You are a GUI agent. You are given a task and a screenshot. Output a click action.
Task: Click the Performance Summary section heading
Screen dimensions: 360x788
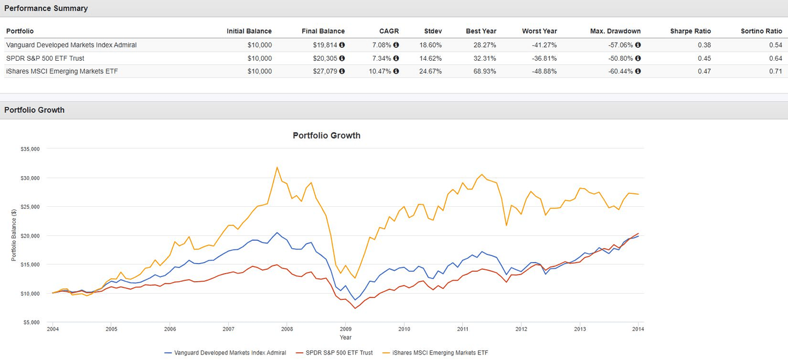click(x=46, y=8)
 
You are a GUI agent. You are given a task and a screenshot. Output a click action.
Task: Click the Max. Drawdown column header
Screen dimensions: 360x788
click(x=615, y=31)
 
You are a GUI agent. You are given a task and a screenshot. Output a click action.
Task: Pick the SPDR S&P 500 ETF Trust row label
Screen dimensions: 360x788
click(x=45, y=58)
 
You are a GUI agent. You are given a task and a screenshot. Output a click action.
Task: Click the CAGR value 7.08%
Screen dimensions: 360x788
click(x=383, y=45)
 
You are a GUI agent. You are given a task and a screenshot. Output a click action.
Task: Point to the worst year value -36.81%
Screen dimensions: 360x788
click(x=545, y=58)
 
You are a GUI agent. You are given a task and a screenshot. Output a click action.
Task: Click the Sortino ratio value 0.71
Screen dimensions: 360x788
click(x=775, y=71)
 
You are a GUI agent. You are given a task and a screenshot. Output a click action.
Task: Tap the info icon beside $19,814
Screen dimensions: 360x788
click(x=342, y=45)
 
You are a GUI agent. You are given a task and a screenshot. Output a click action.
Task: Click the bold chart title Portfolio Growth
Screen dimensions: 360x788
click(x=327, y=135)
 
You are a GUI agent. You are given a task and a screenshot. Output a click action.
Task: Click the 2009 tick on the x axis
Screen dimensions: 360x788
click(x=345, y=329)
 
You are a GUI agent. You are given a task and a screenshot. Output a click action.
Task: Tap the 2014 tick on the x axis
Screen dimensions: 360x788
click(x=638, y=329)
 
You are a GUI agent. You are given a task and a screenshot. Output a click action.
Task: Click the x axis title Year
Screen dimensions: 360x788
click(x=345, y=338)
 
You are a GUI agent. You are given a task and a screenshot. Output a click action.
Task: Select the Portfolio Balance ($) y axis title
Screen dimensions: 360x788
click(x=14, y=236)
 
